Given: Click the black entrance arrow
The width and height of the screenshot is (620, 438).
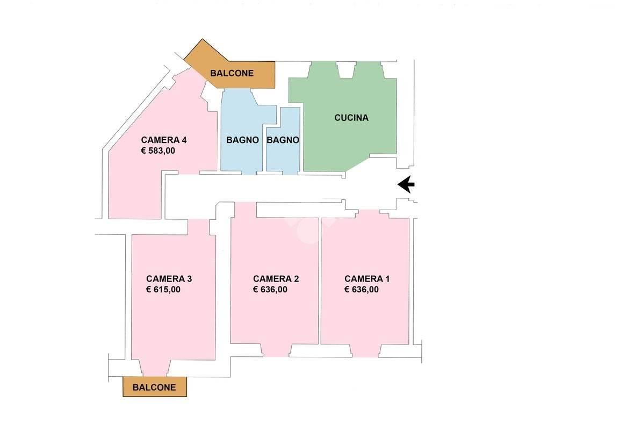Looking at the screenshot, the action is tap(406, 184).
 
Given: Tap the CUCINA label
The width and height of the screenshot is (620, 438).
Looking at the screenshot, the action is tap(351, 118).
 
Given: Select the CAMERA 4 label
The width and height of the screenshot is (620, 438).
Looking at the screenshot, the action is tap(164, 140).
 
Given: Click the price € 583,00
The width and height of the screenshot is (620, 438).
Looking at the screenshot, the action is tap(158, 151).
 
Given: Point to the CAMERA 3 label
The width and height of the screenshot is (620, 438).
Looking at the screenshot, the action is tap(169, 278).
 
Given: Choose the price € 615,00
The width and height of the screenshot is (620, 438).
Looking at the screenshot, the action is tap(163, 290).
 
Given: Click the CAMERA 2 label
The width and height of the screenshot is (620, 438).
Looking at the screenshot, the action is tap(276, 278).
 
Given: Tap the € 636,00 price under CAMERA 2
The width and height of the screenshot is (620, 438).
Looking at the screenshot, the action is tap(270, 290).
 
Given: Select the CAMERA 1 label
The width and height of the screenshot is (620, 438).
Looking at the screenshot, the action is tap(367, 278).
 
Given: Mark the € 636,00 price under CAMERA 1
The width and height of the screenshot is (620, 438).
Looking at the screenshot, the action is tap(362, 290).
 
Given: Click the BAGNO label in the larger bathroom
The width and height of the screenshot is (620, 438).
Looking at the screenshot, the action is tap(242, 140).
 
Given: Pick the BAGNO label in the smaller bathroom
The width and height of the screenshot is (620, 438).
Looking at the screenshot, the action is tap(283, 140).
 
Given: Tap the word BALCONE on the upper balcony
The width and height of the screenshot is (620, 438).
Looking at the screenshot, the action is tap(232, 73).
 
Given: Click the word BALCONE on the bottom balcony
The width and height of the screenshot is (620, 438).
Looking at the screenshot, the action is tap(154, 387).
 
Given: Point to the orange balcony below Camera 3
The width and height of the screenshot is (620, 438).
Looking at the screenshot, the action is tap(155, 386).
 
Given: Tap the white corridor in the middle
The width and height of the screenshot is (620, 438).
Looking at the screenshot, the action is tap(277, 188).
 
